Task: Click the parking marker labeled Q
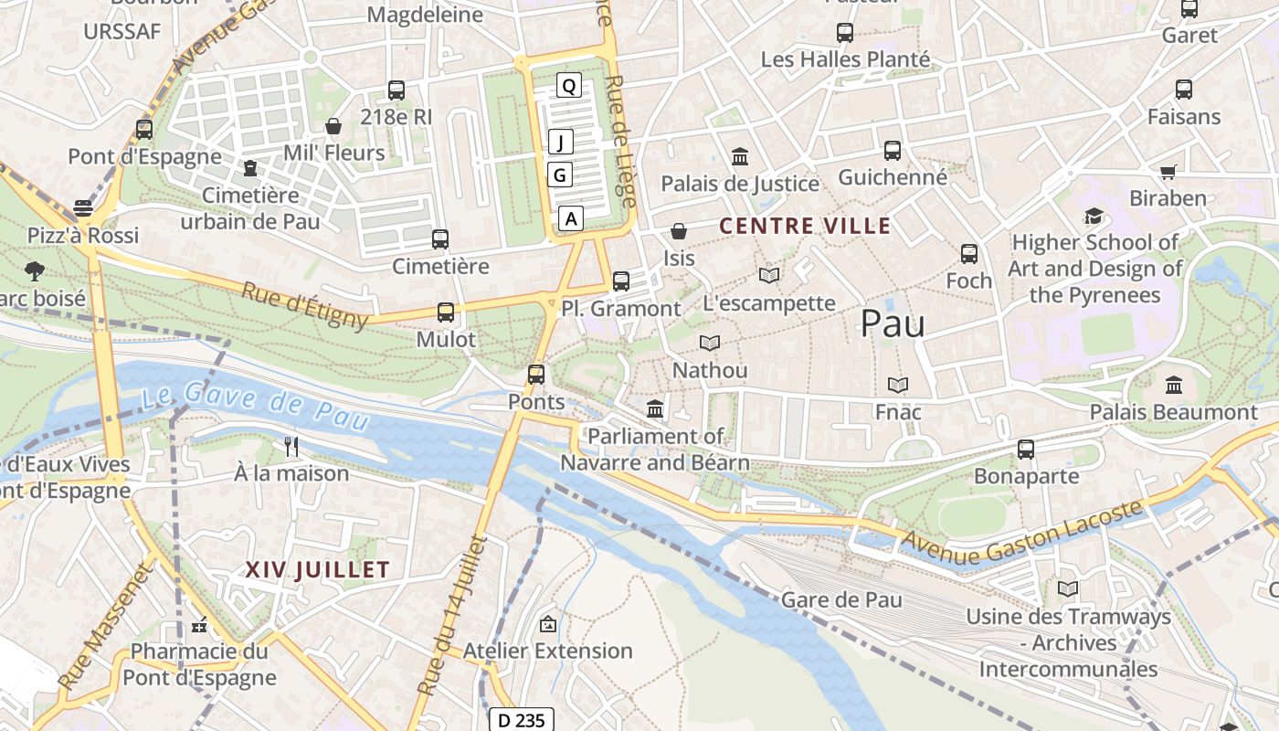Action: [569, 86]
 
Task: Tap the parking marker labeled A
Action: [571, 218]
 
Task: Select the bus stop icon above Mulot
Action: [446, 313]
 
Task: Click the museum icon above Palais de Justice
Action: [740, 156]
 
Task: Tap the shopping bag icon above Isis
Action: [679, 231]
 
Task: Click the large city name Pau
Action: [893, 323]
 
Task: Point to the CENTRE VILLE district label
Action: [804, 226]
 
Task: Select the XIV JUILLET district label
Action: [317, 569]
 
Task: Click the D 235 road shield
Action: [522, 720]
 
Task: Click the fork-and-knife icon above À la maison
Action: [291, 446]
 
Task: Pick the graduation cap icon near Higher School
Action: [1094, 216]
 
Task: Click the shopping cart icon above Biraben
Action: [1168, 172]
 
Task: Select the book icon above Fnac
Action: [898, 385]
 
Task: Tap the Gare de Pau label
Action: [841, 599]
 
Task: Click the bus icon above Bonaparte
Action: [1026, 449]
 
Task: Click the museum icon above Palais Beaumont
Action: [1174, 385]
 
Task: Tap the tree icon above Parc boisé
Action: [35, 270]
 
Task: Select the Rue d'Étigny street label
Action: [305, 304]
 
